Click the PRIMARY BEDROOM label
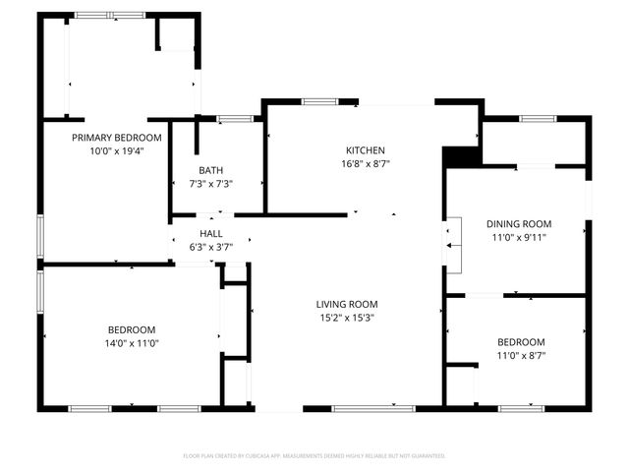117,138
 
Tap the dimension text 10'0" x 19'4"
117,151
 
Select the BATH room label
210,169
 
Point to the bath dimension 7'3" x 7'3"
210,183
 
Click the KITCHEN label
358,149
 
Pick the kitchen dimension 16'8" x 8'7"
358,163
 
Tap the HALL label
211,233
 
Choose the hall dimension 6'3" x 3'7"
211,247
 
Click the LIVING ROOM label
346,304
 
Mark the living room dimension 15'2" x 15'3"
346,318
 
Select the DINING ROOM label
520,223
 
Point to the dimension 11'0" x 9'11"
520,237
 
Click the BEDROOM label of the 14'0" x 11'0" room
131,329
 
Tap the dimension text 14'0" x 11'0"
131,343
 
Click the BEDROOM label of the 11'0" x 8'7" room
520,341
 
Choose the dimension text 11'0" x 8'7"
520,355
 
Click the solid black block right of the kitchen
459,156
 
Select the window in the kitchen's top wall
317,101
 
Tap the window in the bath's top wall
234,119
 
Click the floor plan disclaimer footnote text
314,455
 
